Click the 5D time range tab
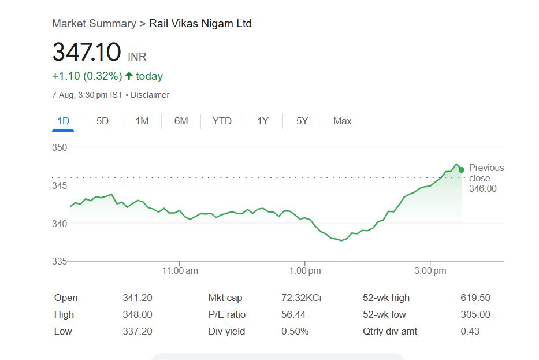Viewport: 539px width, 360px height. [102, 121]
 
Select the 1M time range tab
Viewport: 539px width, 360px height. [142, 121]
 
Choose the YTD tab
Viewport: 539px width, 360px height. [221, 121]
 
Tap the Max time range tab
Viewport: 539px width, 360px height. [342, 121]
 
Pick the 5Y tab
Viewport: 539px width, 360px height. [302, 121]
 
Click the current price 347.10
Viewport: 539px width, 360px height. [87, 53]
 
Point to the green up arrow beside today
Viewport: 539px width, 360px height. [129, 76]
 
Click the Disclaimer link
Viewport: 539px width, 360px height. [150, 95]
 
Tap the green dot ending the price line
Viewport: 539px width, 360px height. [461, 169]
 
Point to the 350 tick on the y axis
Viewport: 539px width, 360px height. [60, 147]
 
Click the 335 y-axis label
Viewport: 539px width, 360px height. [60, 261]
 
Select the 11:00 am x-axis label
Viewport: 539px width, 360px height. [180, 270]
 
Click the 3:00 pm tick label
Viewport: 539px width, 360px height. [430, 270]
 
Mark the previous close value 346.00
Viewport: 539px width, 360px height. [483, 189]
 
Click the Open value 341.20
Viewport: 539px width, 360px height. [137, 298]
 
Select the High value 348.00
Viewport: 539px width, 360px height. [137, 315]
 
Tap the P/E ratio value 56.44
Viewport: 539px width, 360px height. [293, 315]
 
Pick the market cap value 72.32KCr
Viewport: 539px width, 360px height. [302, 298]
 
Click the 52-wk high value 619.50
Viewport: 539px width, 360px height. [475, 298]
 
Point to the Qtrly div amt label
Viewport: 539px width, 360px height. [390, 332]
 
